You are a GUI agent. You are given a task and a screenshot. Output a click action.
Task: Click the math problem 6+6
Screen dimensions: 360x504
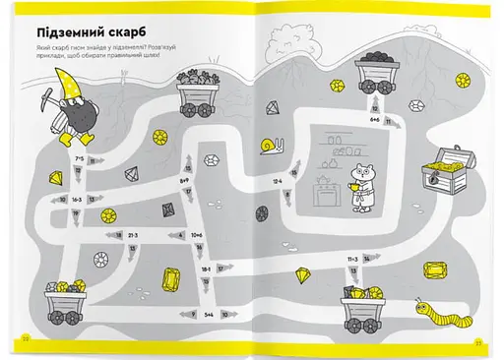[375, 118]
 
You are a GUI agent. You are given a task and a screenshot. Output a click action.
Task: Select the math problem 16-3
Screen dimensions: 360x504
[77, 198]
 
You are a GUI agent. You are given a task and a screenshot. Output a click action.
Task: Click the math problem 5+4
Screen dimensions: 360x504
[209, 314]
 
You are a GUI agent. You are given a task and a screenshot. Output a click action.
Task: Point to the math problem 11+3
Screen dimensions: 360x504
[351, 259]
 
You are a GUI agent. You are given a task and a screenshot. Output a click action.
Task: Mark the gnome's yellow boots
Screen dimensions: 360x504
[85, 139]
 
